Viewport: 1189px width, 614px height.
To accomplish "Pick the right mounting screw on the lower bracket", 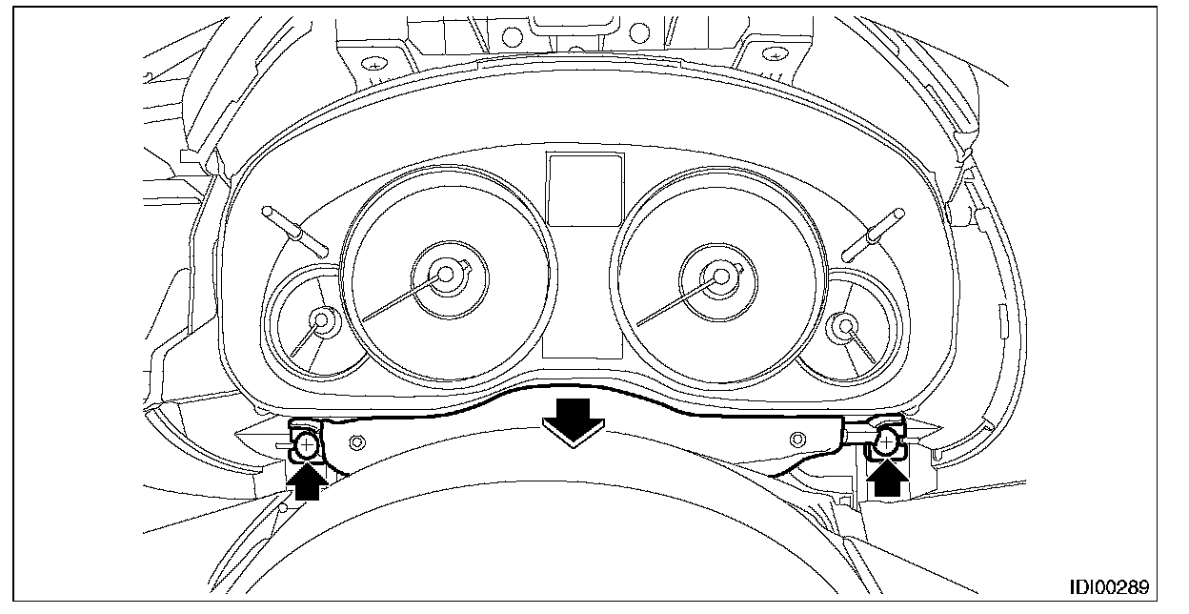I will click(885, 440).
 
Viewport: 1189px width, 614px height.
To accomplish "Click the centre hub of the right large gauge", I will click(720, 276).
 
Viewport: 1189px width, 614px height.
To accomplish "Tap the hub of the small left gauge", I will click(324, 322).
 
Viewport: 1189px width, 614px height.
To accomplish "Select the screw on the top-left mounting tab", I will click(374, 63).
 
